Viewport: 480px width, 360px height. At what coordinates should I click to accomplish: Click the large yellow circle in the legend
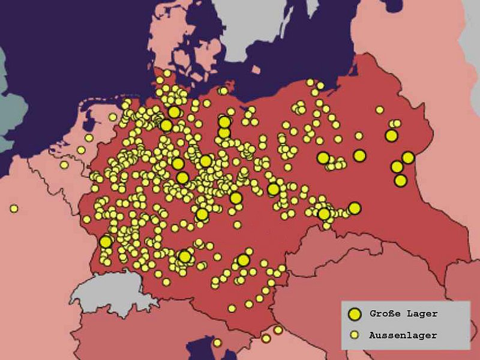click(355, 314)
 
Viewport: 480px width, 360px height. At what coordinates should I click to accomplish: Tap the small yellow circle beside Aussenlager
click(355, 335)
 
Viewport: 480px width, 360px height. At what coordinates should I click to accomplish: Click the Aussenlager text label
click(403, 335)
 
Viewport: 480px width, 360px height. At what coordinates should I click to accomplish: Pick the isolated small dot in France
click(13, 209)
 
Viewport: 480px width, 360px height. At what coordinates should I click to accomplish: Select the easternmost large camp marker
click(408, 158)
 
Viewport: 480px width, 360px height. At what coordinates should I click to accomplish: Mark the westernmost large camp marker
click(106, 242)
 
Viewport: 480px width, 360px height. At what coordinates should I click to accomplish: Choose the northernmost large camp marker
click(174, 112)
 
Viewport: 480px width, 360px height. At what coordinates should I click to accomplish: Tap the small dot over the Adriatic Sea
click(217, 343)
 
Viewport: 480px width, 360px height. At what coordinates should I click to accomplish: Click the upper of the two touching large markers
click(224, 122)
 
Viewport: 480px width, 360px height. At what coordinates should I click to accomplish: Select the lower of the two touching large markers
click(224, 133)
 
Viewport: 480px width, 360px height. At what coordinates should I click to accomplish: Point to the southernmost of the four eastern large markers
click(400, 180)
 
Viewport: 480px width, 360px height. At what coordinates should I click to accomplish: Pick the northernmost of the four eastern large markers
click(391, 136)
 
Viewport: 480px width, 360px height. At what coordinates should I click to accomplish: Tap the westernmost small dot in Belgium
click(64, 164)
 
